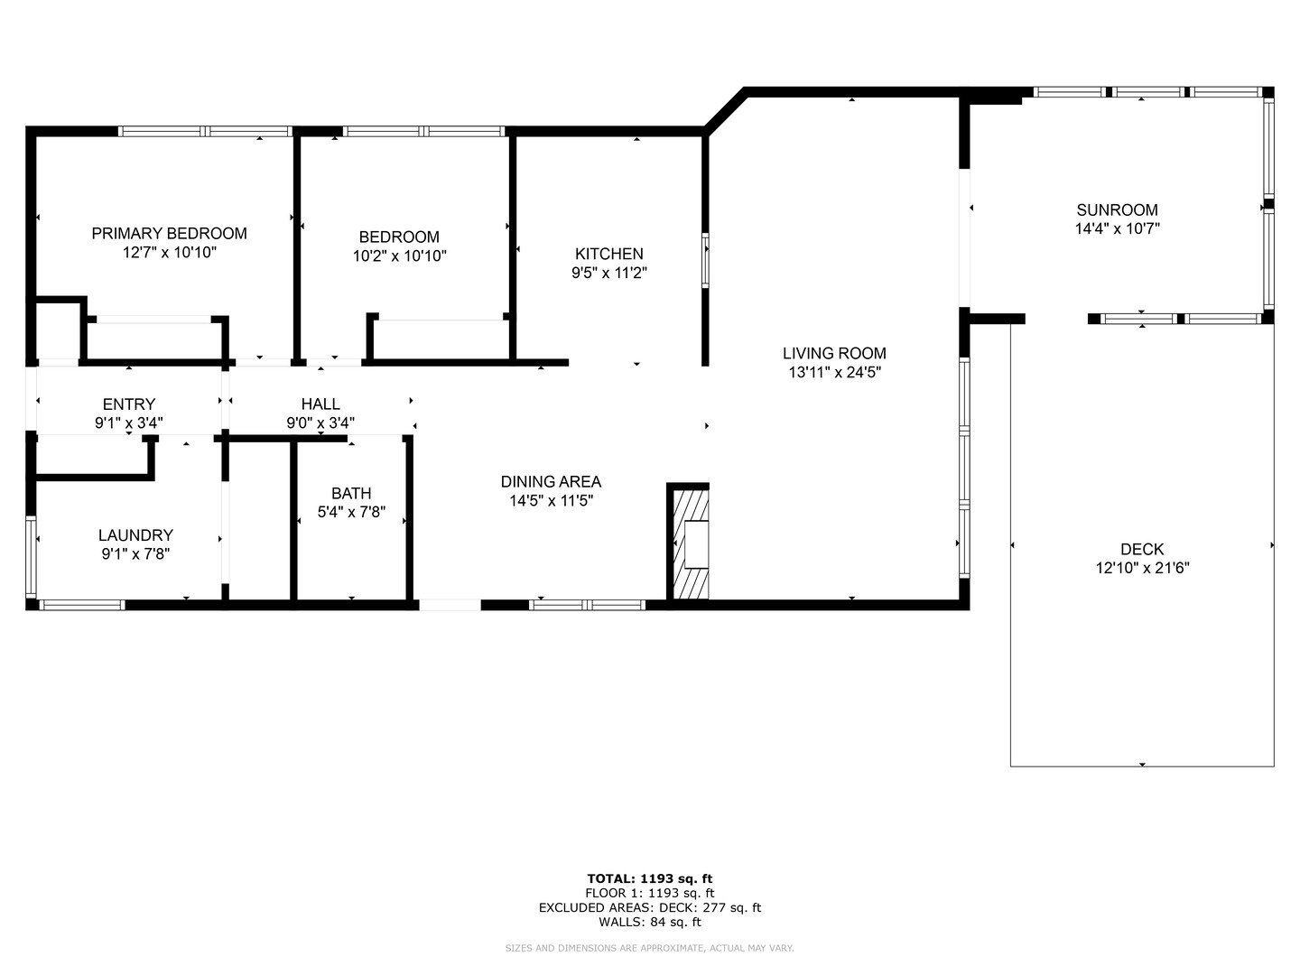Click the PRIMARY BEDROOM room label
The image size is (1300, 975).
(x=169, y=233)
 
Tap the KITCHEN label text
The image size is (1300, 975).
(x=609, y=254)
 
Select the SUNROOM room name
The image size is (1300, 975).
(x=1117, y=209)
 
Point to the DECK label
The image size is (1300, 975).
(x=1142, y=549)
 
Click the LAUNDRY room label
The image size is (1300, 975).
(x=135, y=534)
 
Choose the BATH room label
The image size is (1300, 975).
(x=351, y=493)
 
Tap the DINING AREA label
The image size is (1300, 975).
(x=551, y=481)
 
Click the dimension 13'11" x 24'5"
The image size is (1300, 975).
(x=834, y=372)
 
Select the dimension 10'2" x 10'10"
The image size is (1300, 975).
(x=399, y=256)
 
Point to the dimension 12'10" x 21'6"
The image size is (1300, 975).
(x=1142, y=569)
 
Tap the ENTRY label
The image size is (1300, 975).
(x=129, y=404)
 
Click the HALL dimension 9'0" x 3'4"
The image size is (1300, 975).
(x=320, y=422)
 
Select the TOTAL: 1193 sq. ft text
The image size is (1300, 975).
(x=649, y=878)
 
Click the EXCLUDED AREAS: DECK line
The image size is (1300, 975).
(x=649, y=907)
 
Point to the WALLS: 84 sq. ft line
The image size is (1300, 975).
(x=649, y=922)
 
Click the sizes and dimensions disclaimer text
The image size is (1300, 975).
(x=649, y=948)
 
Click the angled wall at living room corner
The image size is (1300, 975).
(x=724, y=111)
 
